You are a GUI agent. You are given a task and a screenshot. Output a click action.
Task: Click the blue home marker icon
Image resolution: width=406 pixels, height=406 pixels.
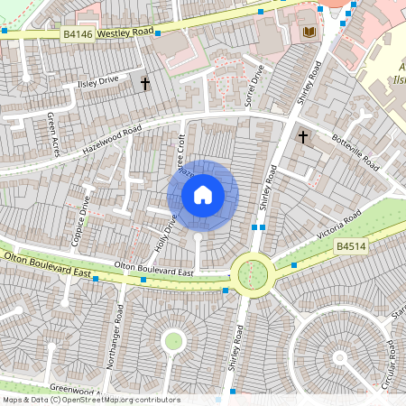pyautogui.click(x=203, y=194)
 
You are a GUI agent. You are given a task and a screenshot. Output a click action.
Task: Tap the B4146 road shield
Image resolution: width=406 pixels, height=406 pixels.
pyautogui.click(x=78, y=33)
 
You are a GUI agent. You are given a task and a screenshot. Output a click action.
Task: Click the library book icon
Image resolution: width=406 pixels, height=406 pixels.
pyautogui.click(x=309, y=32)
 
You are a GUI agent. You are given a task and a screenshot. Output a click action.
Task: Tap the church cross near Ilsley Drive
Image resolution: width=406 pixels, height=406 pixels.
pyautogui.click(x=144, y=83)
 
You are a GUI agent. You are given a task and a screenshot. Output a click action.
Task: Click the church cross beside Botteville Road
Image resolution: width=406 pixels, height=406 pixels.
pyautogui.click(x=302, y=137)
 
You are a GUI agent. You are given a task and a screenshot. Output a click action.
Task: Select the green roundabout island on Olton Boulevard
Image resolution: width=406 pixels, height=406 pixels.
pyautogui.click(x=253, y=272)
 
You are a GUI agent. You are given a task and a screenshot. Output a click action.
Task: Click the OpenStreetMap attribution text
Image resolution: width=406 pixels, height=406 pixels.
pyautogui.click(x=90, y=400)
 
